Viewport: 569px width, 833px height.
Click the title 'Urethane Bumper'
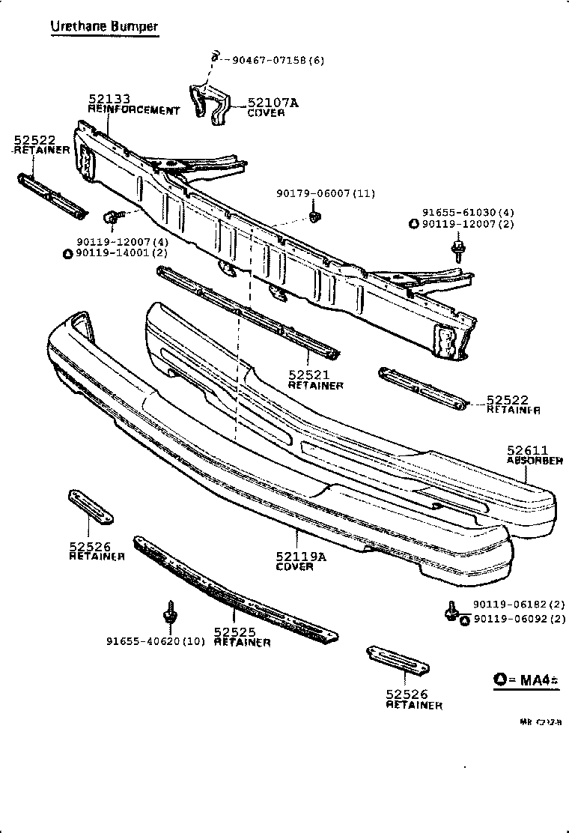pyautogui.click(x=104, y=27)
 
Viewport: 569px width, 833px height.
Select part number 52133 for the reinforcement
pyautogui.click(x=109, y=99)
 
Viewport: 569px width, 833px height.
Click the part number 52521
pyautogui.click(x=308, y=375)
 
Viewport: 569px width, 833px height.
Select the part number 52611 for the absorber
pyautogui.click(x=529, y=450)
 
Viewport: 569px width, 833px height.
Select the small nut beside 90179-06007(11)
pyautogui.click(x=314, y=217)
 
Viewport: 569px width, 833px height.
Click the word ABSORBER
pyautogui.click(x=535, y=461)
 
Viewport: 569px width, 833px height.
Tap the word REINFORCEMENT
pyautogui.click(x=134, y=110)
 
